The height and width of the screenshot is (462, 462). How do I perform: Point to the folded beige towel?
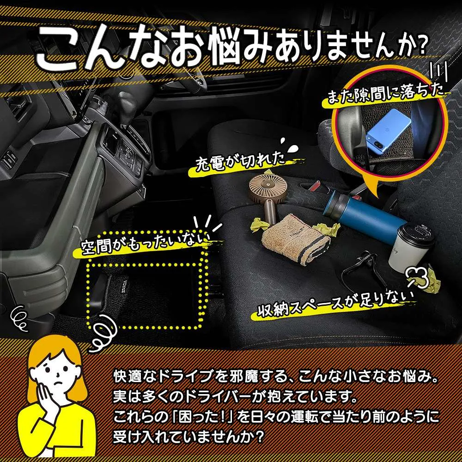coord(296,237)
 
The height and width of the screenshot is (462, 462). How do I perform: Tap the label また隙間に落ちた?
coord(386,93)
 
